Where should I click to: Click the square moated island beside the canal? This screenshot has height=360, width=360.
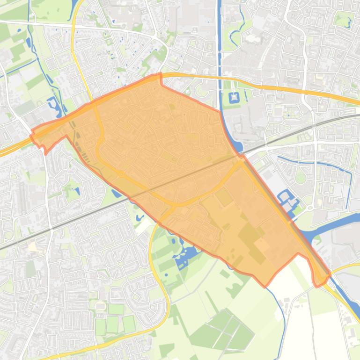[234, 98]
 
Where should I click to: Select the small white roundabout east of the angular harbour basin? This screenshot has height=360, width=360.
[309, 208]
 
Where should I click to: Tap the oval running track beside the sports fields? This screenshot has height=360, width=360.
[100, 305]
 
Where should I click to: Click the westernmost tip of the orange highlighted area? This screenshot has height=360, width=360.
[31, 136]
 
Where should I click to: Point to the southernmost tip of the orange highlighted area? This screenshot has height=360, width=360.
[266, 286]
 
